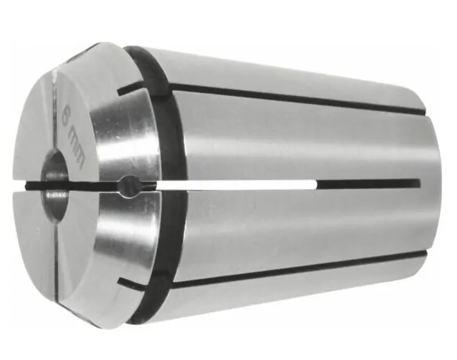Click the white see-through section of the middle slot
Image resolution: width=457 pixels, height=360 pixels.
pyautogui.click(x=242, y=183)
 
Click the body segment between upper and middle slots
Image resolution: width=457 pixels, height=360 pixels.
pyautogui.click(x=291, y=139)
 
